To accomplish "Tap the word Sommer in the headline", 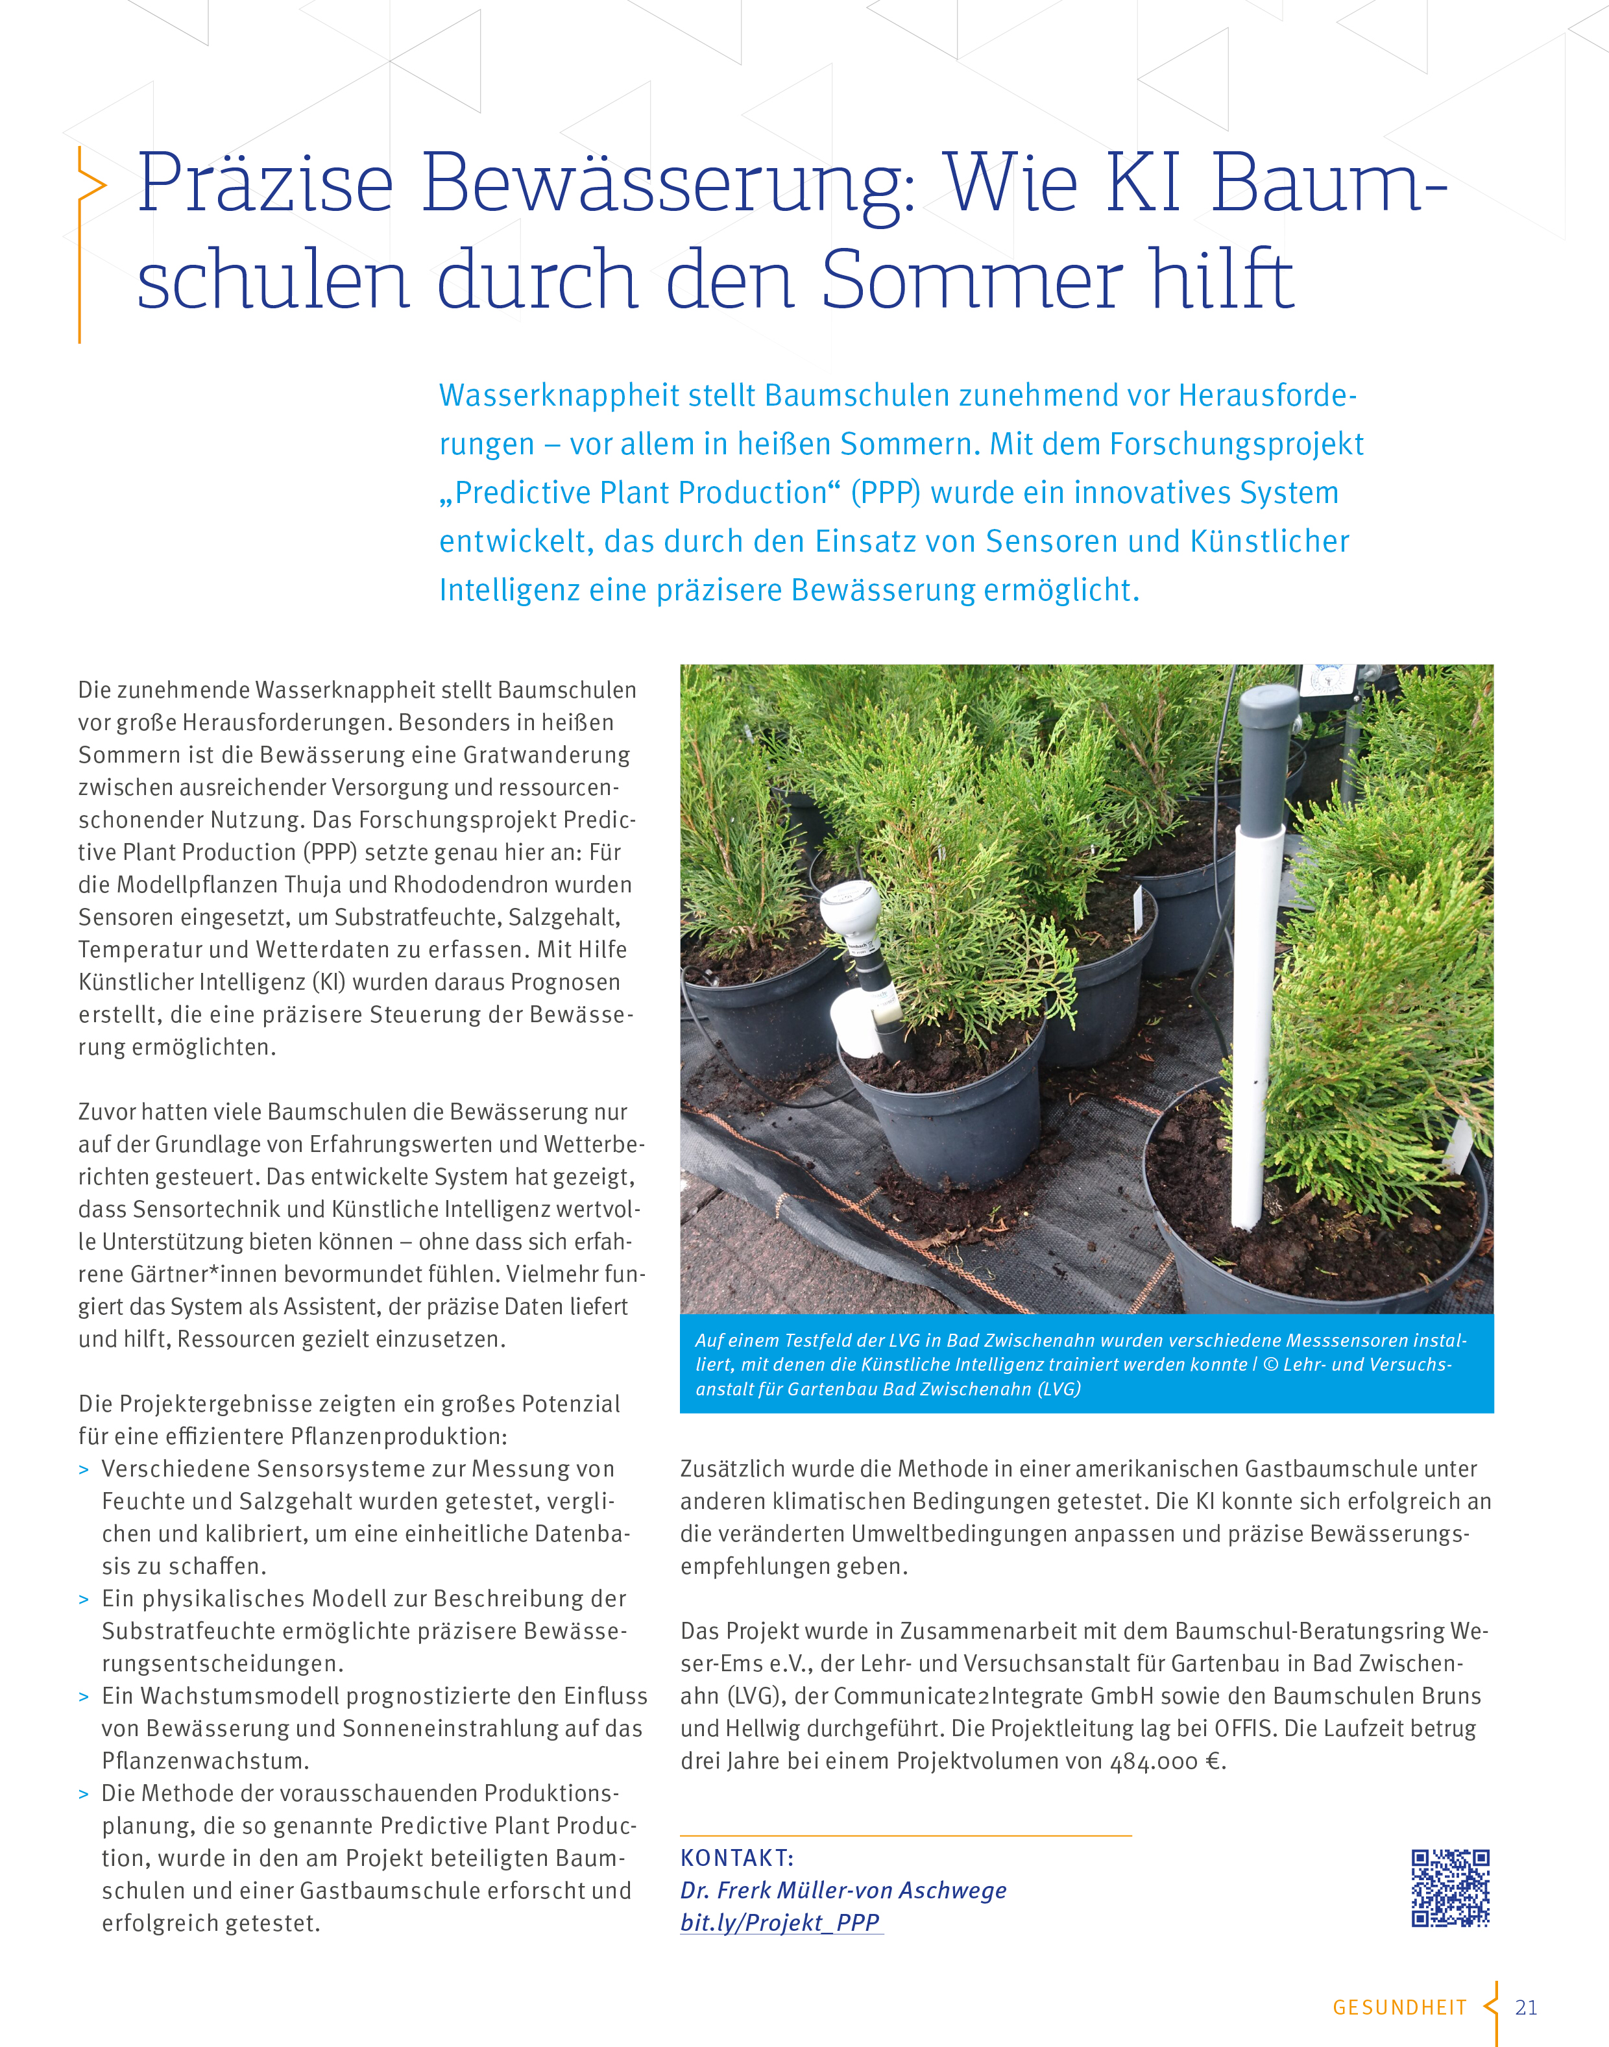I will coord(971,280).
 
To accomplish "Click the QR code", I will coord(1450,1888).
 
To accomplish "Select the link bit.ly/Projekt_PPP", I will coord(780,1922).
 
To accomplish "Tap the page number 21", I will coord(1526,2007).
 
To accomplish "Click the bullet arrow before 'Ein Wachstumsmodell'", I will coord(84,1697).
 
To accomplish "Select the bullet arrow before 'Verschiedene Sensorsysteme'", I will coord(84,1470).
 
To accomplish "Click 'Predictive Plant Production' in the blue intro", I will coord(640,493).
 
